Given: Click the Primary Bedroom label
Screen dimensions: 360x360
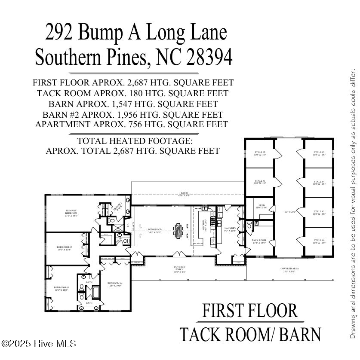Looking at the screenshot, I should pos(71,213).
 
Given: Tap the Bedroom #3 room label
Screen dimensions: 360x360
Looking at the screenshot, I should pos(61,289).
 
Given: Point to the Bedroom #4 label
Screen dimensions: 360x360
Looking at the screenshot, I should pos(115,284).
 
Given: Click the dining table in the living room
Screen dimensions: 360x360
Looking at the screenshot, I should pos(178,231).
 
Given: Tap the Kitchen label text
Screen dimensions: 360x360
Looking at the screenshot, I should pos(205,223).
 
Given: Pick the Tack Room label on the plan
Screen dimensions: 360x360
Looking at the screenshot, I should pos(259,241).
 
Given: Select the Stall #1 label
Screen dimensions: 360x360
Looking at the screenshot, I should pos(260,182).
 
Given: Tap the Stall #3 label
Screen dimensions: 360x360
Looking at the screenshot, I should pos(319,153).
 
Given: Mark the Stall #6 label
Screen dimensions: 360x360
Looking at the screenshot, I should pos(319,241).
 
